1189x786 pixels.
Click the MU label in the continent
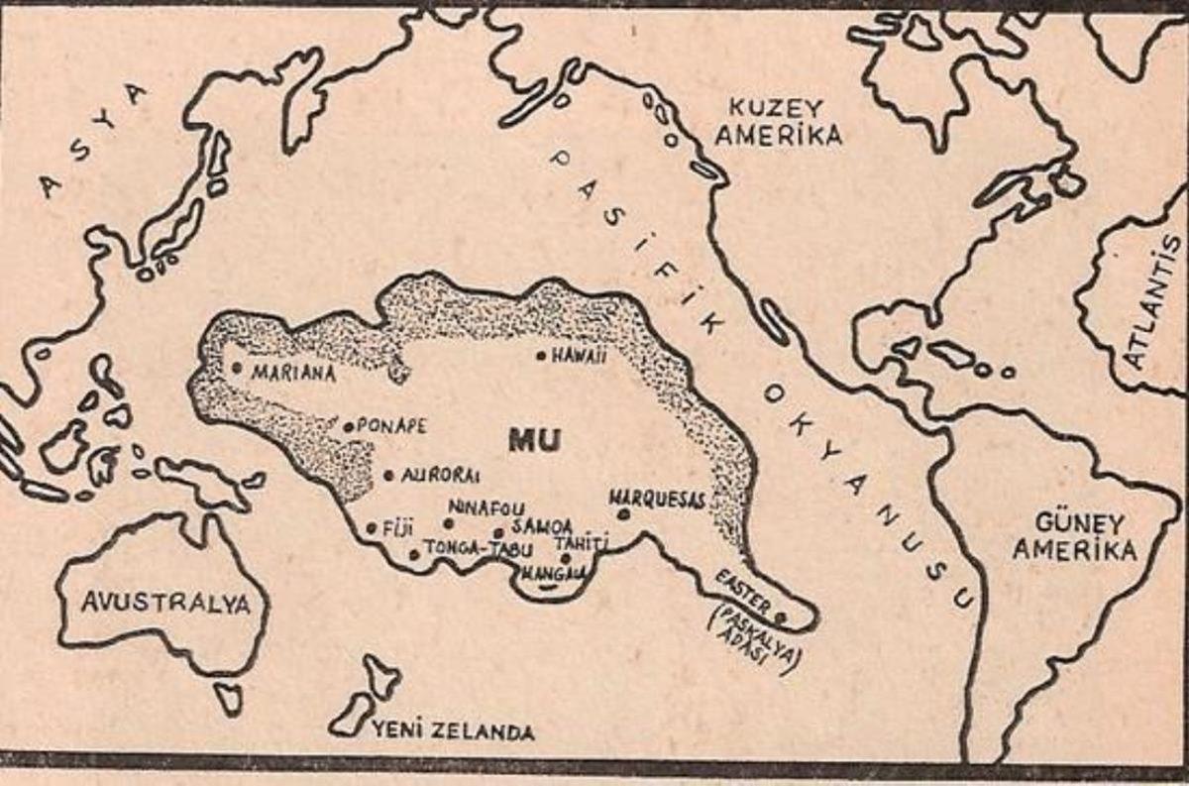click(x=535, y=440)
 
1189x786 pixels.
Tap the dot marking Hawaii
click(x=542, y=355)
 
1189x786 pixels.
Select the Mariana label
click(x=293, y=374)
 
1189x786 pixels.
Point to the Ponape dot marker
click(x=349, y=427)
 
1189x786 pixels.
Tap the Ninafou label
click(x=486, y=507)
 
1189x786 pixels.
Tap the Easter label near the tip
click(x=740, y=585)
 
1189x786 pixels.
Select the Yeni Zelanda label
click(x=453, y=732)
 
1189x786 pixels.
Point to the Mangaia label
click(x=551, y=573)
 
